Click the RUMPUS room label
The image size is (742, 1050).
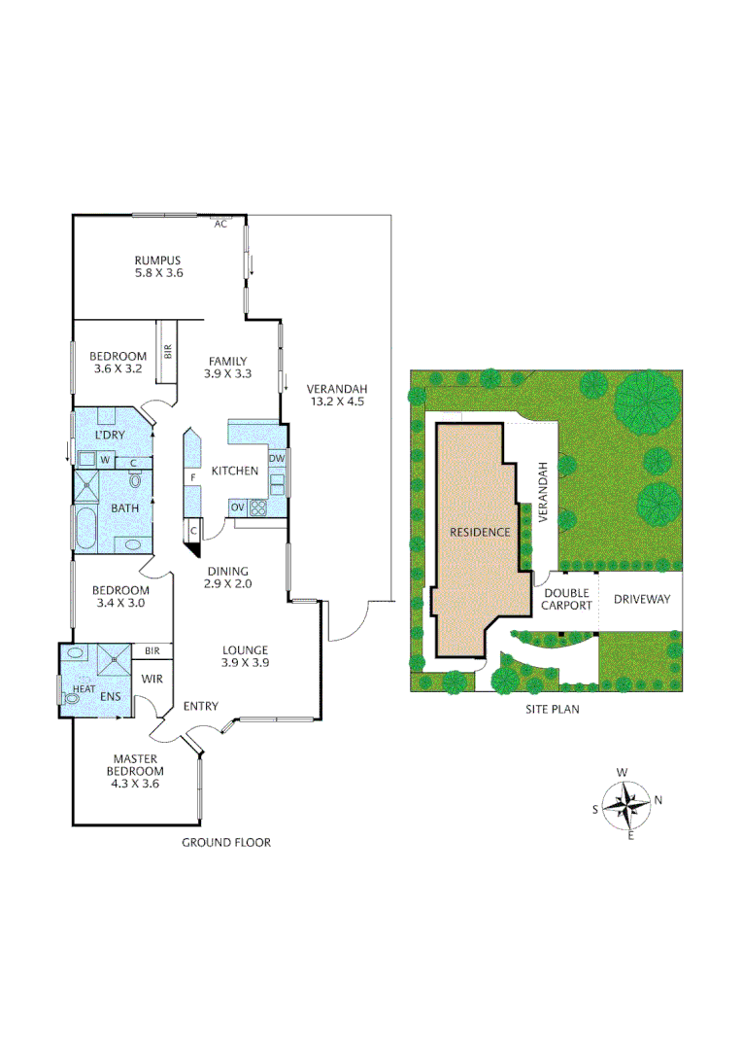click(x=158, y=260)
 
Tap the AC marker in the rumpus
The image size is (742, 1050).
click(x=220, y=224)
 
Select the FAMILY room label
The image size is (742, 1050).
click(x=227, y=362)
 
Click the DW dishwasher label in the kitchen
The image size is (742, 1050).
click(x=277, y=458)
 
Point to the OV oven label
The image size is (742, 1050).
click(x=237, y=507)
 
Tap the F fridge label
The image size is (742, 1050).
click(x=194, y=477)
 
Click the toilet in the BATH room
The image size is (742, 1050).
click(x=134, y=479)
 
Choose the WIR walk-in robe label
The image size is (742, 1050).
click(x=153, y=679)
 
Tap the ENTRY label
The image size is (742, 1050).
click(x=201, y=706)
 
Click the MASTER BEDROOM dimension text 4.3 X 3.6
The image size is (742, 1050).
click(x=136, y=784)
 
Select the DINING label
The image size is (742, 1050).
click(x=227, y=571)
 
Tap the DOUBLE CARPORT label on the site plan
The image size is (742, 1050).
click(x=568, y=598)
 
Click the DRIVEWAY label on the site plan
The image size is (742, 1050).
click(x=642, y=599)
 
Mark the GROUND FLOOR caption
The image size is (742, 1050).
click(x=226, y=842)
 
